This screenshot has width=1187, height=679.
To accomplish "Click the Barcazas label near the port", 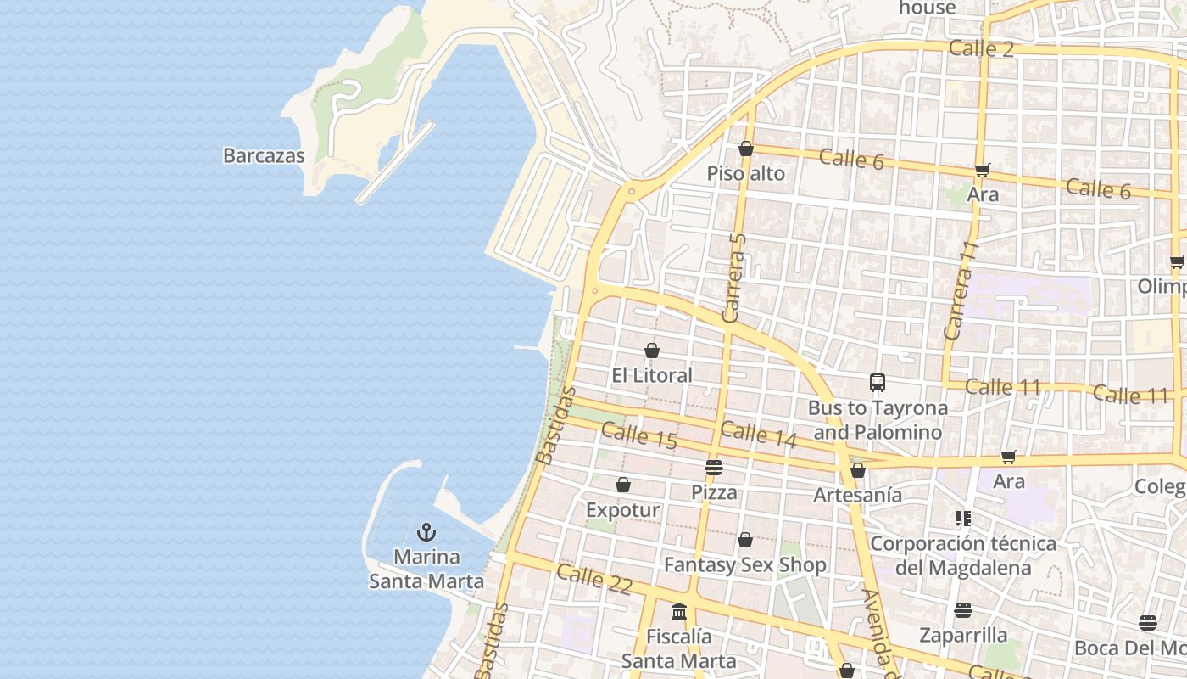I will coord(264,155).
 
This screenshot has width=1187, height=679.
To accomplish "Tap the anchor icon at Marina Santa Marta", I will coord(426,532).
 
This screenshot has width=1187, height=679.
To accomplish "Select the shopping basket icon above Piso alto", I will coord(746,149).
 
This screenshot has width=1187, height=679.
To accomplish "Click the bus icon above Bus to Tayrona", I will coord(878,383).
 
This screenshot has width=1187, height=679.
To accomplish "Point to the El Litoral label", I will coord(652,375).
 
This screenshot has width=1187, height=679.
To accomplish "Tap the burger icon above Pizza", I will coord(714,467).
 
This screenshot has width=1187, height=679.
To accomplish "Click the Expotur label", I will coord(622,510).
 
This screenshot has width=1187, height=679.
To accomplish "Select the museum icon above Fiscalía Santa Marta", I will coord(679,611).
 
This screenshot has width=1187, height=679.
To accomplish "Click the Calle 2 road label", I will coord(981,48).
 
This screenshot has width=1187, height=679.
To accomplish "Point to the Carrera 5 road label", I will coord(734,278).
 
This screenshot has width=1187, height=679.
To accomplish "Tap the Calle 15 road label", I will coord(639,435).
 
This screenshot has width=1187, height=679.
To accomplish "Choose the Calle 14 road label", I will coord(759,434).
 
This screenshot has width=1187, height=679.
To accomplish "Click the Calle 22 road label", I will coord(594,579).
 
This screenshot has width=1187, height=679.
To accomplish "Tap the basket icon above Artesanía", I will coord(858,470).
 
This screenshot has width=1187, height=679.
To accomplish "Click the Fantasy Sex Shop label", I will coord(744,564).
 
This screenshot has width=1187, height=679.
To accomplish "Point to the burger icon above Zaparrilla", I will coord(963,610).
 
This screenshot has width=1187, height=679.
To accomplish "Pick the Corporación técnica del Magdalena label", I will coord(963,555).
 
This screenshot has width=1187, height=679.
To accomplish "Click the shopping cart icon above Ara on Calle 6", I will coord(983,170).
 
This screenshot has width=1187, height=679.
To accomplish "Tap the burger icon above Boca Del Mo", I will coord(1148,623).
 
